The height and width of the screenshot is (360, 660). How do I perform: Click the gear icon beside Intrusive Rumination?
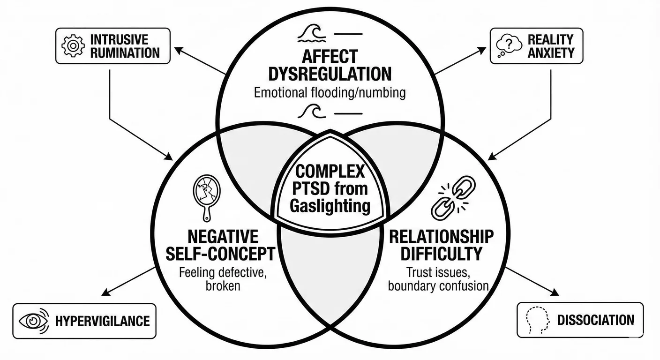coord(73,45)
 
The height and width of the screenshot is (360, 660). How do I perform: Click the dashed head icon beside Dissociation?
coord(537,321)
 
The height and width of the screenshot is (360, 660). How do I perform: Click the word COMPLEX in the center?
coord(330,172)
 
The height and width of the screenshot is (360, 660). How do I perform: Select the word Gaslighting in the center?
coord(330,206)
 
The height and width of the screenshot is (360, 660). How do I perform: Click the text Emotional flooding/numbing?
coord(330,92)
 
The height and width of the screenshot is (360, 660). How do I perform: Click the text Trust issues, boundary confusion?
coord(438,278)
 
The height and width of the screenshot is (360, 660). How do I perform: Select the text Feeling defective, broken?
coord(223,278)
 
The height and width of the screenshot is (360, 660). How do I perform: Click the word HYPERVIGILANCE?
coord(102,321)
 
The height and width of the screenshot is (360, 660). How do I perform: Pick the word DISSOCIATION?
coord(595,321)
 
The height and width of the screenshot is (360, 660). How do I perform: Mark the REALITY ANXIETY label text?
coord(550,46)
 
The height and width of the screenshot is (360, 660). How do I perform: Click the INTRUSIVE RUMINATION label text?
coord(125,46)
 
